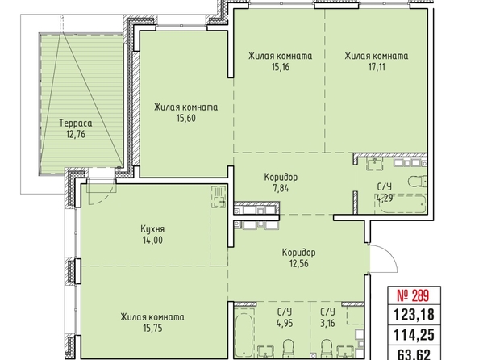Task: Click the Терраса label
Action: [76, 123]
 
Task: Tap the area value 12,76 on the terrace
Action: [76, 134]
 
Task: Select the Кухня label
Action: [152, 229]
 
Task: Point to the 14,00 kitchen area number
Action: [152, 240]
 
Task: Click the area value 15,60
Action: [185, 118]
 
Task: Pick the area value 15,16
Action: [280, 67]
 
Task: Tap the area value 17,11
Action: [377, 67]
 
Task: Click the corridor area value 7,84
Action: [281, 188]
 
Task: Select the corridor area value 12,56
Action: [298, 263]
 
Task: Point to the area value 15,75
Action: [152, 329]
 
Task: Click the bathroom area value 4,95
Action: [285, 323]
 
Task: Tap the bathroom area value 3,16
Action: [327, 323]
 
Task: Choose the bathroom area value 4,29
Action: [385, 199]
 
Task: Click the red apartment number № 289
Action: [414, 295]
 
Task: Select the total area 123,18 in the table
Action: [414, 314]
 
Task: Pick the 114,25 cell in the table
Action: [414, 335]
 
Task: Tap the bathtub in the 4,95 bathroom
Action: [244, 333]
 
